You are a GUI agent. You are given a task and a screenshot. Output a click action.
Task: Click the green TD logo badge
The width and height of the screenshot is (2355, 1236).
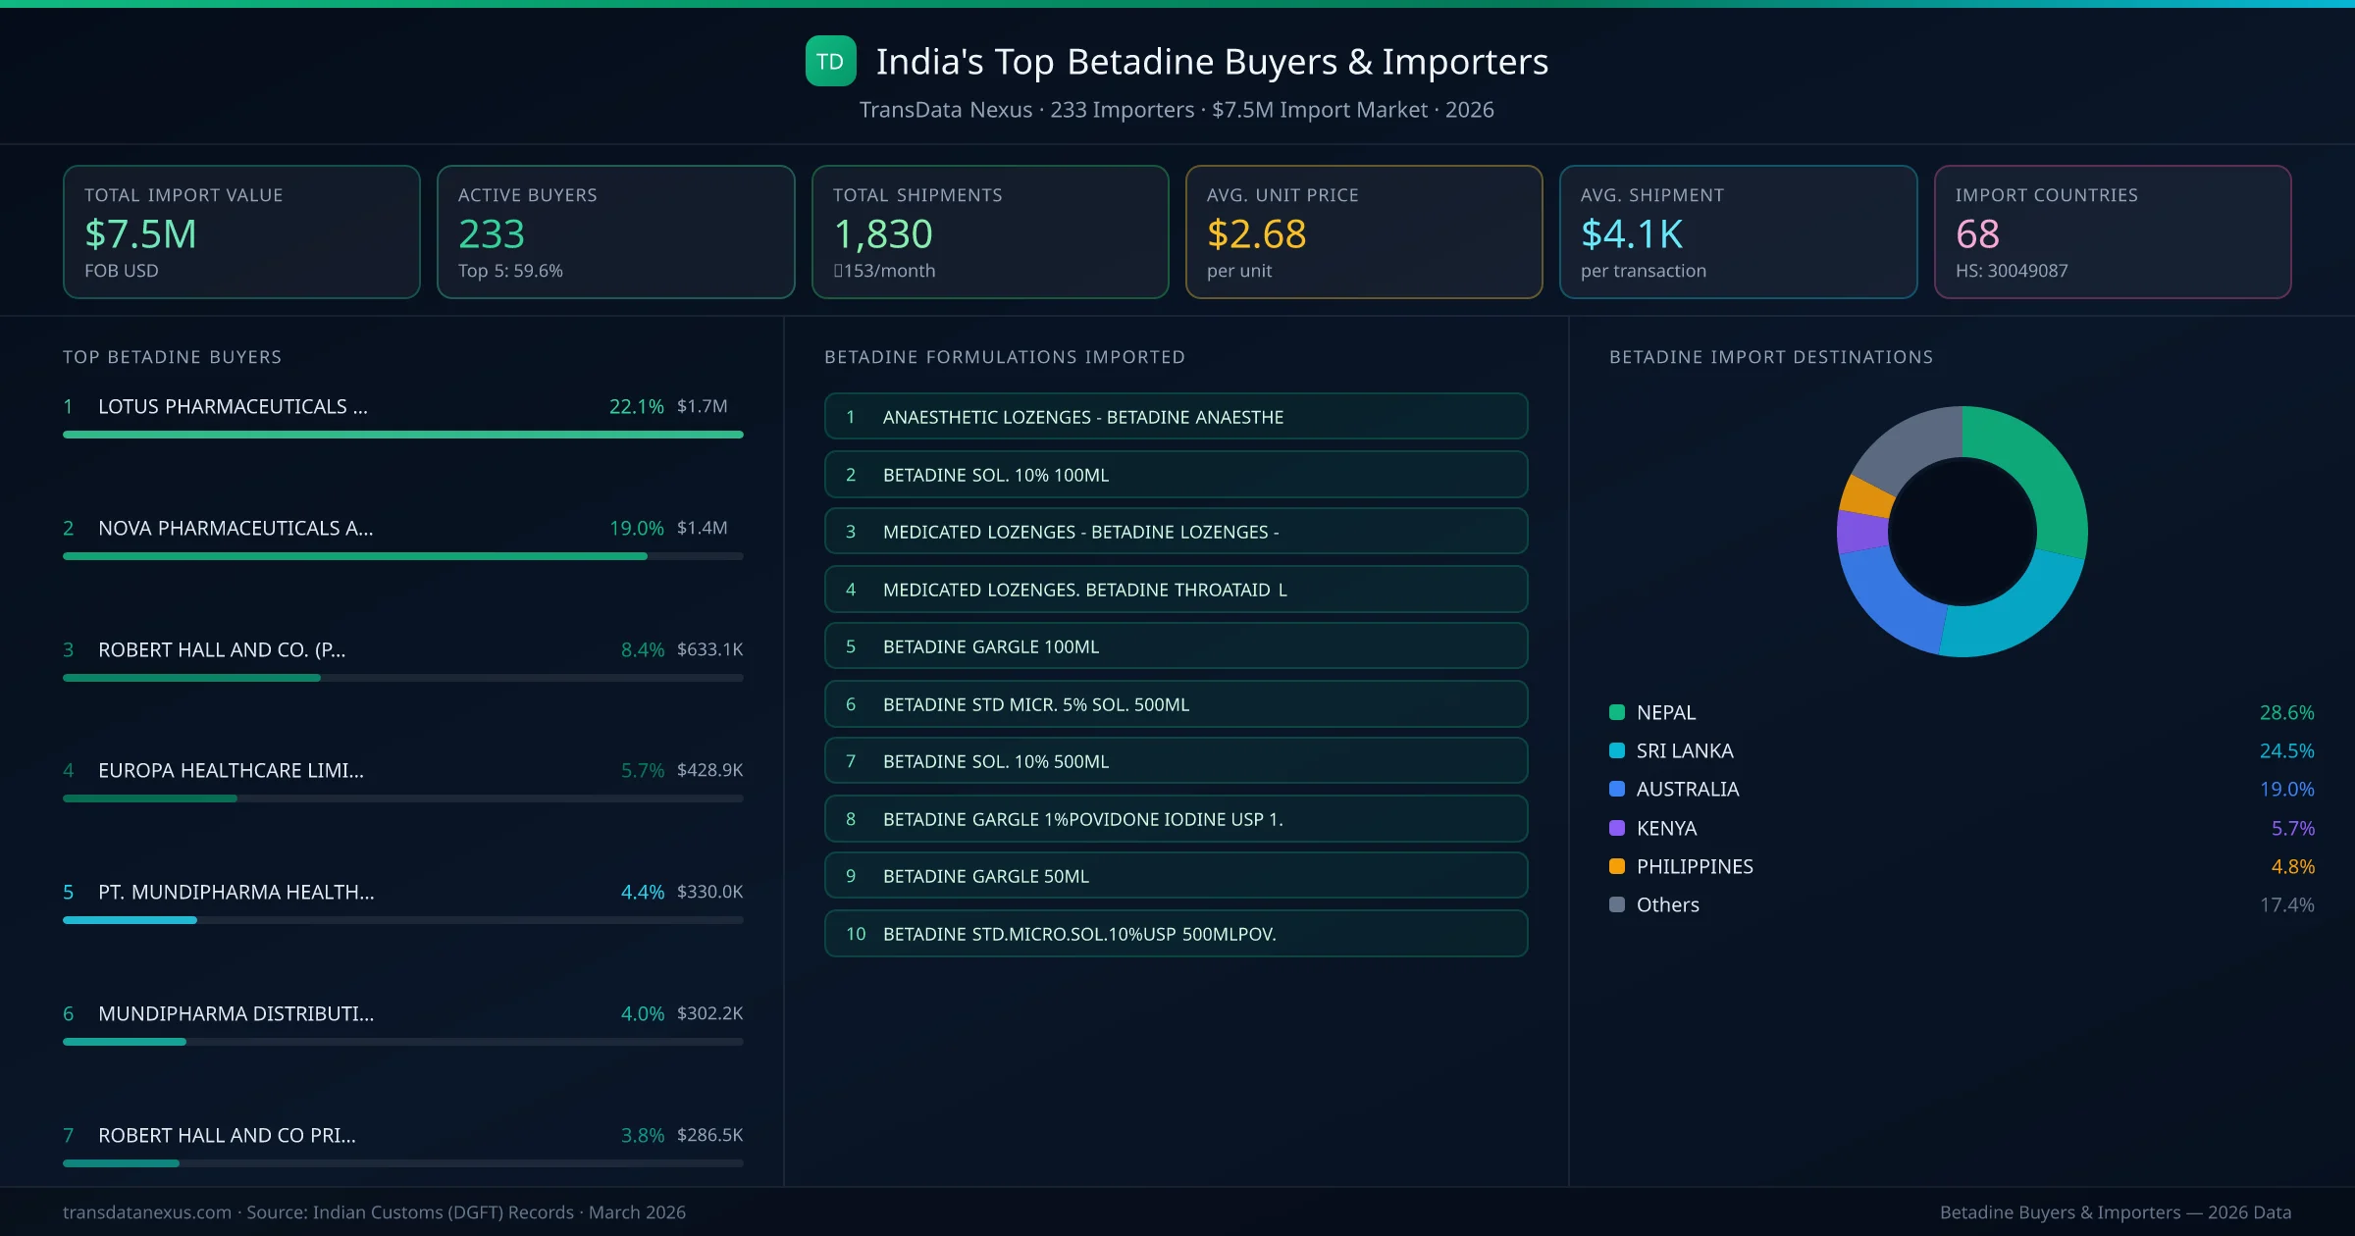pos(830,62)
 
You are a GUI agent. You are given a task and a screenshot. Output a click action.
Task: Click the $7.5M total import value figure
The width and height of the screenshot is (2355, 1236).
pos(140,233)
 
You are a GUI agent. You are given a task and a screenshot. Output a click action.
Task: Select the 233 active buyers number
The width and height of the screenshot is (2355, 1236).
pos(491,233)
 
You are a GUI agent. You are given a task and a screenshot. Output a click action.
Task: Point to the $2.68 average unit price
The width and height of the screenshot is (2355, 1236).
pos(1256,233)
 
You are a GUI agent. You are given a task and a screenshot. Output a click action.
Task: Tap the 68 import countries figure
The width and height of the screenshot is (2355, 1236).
pos(1976,233)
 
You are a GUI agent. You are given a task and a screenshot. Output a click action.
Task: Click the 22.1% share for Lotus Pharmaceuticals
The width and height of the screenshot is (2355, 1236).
pos(636,406)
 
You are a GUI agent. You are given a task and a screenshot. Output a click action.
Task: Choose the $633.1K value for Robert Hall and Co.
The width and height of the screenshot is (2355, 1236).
pos(709,649)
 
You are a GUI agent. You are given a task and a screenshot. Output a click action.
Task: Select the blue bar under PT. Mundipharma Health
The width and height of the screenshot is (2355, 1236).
pos(130,920)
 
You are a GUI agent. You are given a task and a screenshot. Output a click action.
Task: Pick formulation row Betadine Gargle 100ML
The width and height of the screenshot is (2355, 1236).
pos(1176,646)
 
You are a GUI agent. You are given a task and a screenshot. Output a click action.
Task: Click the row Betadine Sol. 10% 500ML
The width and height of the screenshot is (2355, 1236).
pos(1176,761)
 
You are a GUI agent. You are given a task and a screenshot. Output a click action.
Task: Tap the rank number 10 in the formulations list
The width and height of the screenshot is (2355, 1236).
pos(856,934)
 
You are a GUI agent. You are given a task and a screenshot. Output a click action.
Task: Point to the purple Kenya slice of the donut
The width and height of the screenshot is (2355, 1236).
pos(1861,532)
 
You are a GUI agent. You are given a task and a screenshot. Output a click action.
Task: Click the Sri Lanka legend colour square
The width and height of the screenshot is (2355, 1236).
pos(1617,750)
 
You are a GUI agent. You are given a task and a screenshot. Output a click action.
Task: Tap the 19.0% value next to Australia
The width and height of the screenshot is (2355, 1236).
pos(2286,789)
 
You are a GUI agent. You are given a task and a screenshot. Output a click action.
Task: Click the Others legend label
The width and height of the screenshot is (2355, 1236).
pos(1667,904)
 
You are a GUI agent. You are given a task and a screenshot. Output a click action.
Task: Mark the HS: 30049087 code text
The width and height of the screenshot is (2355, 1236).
pos(2011,271)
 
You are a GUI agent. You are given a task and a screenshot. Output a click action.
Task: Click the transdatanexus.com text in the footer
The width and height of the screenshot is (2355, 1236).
pos(147,1212)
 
